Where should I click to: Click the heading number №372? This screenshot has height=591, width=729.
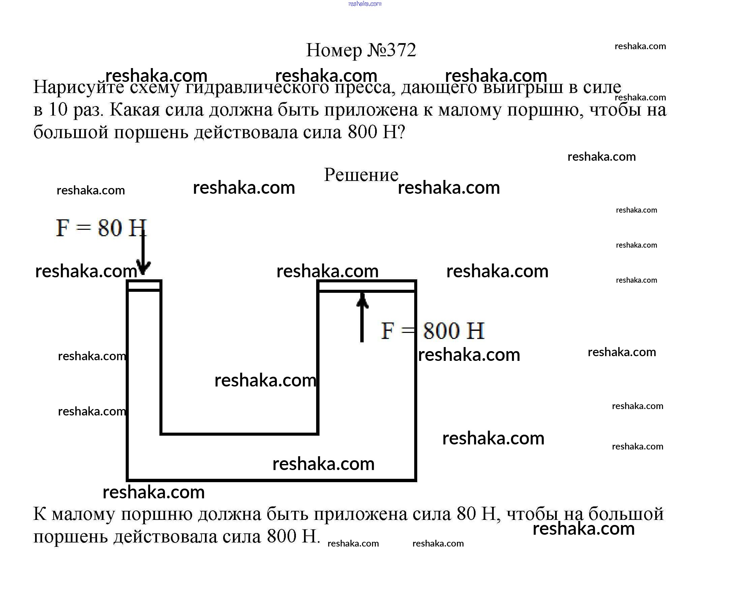point(392,51)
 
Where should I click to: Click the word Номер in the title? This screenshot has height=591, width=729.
point(333,51)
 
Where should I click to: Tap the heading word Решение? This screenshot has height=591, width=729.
point(361,175)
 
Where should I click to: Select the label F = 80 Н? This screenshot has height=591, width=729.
point(101,228)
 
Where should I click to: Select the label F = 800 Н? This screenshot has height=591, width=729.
point(432,331)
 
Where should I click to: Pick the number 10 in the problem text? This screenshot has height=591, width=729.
point(58,110)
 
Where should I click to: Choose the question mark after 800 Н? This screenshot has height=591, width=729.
point(401,132)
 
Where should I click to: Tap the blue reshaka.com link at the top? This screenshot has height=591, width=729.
point(365,4)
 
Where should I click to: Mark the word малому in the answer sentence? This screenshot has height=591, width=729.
point(83,515)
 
